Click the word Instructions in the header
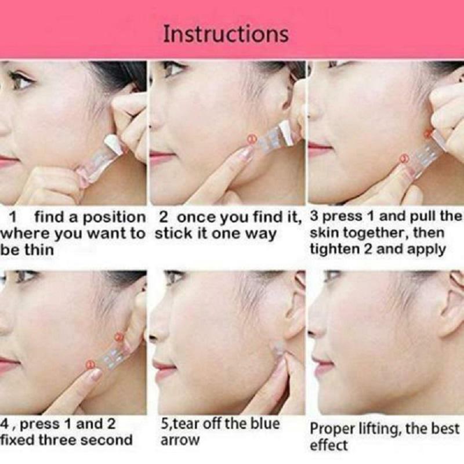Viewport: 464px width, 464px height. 226,34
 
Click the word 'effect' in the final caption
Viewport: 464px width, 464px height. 328,446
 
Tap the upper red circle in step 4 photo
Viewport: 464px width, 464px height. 119,336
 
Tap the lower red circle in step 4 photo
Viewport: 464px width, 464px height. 89,364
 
